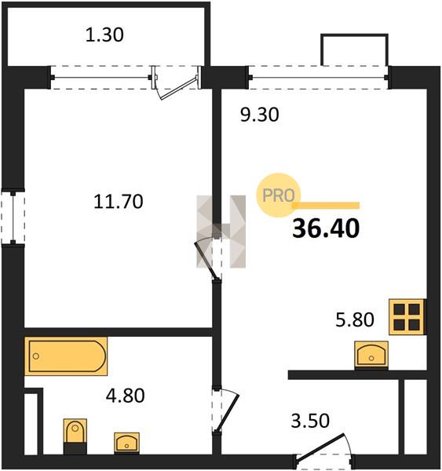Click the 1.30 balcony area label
[104, 35]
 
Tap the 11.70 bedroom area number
[119, 202]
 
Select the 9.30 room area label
[260, 115]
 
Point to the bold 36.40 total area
[326, 228]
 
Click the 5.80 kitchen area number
[355, 319]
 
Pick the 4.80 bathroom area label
[126, 396]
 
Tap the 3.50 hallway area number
[310, 421]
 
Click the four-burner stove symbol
[407, 317]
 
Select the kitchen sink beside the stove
[371, 355]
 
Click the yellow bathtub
[66, 356]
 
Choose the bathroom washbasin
[126, 443]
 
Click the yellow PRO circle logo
[279, 195]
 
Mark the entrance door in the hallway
[320, 447]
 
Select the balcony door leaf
[179, 88]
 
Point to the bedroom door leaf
[206, 261]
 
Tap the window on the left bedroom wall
[13, 217]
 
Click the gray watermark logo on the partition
[221, 232]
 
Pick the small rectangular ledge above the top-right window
[355, 50]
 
